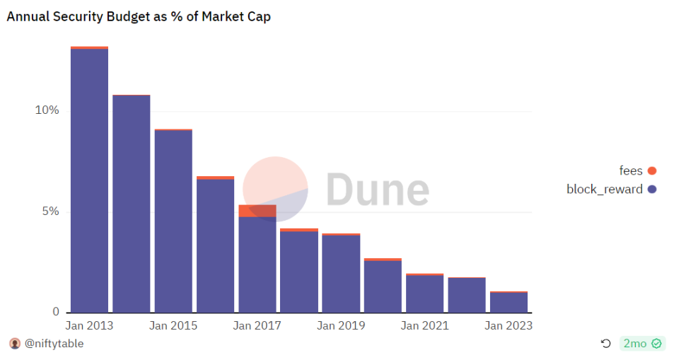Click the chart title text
tap(139, 16)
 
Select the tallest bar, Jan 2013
tap(89, 180)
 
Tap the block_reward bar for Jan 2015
tap(173, 221)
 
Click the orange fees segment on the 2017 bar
tap(257, 211)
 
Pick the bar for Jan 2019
tap(341, 274)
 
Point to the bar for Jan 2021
tap(425, 294)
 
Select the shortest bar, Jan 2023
tap(509, 302)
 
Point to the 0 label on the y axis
tap(55, 312)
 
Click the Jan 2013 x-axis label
tap(89, 326)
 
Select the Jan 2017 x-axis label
tap(257, 326)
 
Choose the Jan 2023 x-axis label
tap(509, 326)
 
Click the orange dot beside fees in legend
tap(651, 170)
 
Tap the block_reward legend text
tap(605, 189)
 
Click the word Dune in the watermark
tap(377, 189)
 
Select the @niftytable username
tap(54, 344)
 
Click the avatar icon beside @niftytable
tap(15, 344)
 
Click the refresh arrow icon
tap(605, 344)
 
